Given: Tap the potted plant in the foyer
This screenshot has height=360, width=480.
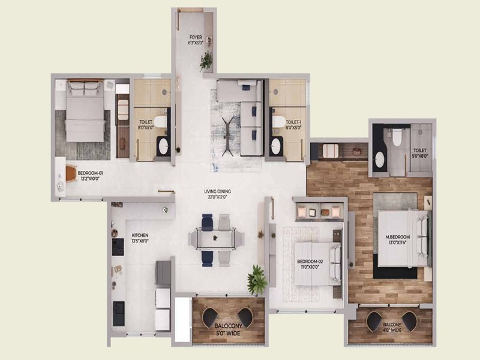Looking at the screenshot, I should coord(206,60).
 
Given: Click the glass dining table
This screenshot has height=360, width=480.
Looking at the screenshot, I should coord(216,239).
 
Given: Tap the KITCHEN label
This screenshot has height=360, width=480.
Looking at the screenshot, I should coord(140,238).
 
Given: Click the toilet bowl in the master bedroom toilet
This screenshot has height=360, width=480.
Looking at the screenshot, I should coord(395,139).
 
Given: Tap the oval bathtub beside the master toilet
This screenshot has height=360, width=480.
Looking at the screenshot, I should coord(380,160).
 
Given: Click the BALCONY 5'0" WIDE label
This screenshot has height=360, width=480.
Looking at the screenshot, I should coord(228,329).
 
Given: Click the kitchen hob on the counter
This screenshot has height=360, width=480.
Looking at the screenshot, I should coord(118,247).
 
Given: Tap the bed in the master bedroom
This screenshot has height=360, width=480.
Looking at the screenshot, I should coord(403,238).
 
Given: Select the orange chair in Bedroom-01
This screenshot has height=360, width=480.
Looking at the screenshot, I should coord(71,173).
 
